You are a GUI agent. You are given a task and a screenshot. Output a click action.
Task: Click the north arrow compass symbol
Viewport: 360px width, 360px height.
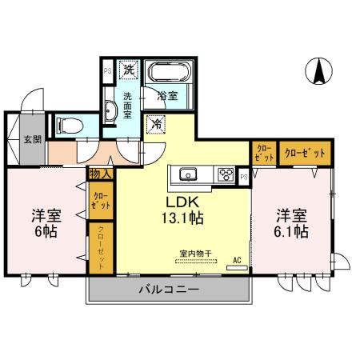click(x=317, y=72)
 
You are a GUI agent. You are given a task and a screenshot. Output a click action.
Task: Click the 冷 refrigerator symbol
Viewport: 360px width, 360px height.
click(x=157, y=125)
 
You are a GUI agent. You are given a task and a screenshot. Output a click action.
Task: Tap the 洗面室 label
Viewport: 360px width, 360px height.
click(x=127, y=104)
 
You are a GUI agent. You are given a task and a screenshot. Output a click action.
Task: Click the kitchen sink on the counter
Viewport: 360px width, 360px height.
click(x=190, y=174)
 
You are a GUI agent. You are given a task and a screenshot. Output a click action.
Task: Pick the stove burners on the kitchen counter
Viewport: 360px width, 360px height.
click(x=225, y=174)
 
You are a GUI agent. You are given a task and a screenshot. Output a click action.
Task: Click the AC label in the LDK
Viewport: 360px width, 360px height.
click(x=237, y=260)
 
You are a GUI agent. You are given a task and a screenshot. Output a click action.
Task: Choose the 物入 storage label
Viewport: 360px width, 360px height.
click(x=102, y=174)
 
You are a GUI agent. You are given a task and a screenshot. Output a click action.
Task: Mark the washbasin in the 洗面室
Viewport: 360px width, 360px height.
click(x=112, y=112)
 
